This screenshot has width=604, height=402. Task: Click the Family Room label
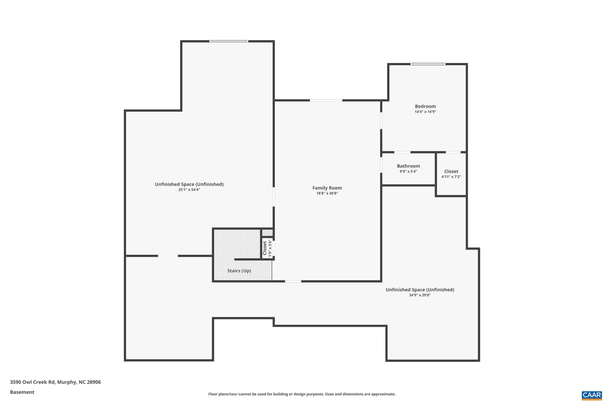(327, 188)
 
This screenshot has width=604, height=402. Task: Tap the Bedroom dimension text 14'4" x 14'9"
(425, 112)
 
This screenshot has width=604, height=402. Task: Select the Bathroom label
(408, 166)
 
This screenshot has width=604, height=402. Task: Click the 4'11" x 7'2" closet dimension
(451, 177)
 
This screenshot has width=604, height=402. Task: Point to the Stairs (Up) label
(239, 271)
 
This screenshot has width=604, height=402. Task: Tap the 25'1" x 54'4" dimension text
(189, 190)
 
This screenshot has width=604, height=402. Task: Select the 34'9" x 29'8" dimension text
(420, 295)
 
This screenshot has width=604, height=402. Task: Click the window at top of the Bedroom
(428, 64)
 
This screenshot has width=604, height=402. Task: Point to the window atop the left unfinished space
(229, 41)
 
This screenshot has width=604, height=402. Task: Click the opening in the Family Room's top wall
(326, 100)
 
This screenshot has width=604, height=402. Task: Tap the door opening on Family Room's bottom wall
(293, 281)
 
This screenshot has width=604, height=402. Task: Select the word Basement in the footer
(22, 392)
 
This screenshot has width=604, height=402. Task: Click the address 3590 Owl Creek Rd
(32, 382)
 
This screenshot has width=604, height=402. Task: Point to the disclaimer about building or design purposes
(302, 394)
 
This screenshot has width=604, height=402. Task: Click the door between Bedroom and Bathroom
(402, 152)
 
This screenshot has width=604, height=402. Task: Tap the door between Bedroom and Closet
(453, 152)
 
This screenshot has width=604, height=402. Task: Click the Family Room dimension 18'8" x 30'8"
(327, 193)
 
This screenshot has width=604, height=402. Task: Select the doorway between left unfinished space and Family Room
(274, 197)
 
